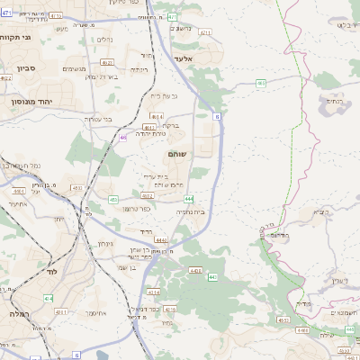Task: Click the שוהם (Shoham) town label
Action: point(176,155)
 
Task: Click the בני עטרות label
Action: point(89,119)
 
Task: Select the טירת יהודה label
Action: point(153,134)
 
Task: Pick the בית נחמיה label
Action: point(190,211)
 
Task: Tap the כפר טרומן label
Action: point(157,208)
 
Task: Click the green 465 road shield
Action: point(260,83)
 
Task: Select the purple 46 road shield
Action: point(122,137)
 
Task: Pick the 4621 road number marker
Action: point(107,63)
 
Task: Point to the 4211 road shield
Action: point(205,33)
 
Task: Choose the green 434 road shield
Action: point(48,298)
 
